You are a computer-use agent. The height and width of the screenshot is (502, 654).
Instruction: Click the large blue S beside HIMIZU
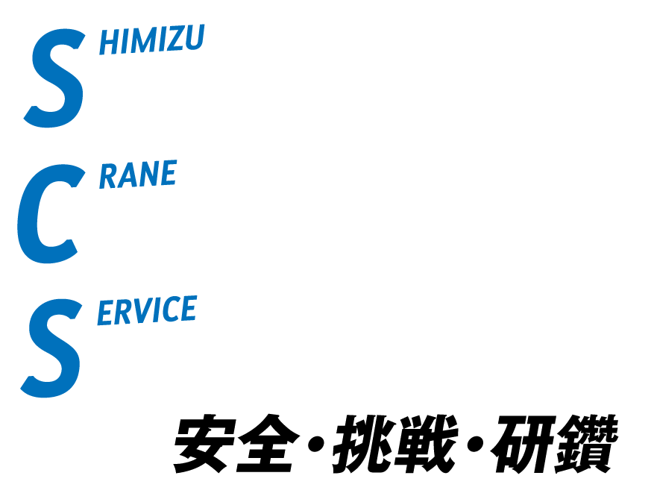point(54,78)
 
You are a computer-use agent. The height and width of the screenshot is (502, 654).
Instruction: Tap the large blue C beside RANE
point(48,214)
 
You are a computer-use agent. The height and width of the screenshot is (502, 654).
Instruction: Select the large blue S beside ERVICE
point(51,348)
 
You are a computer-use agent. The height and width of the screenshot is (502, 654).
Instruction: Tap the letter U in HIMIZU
point(194,37)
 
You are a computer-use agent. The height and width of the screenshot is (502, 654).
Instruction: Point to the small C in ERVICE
point(170,309)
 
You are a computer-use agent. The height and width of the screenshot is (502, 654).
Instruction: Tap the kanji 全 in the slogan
point(268,443)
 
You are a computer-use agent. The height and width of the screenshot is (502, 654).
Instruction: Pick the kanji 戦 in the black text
point(426,444)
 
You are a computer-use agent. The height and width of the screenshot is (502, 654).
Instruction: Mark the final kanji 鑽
point(586,444)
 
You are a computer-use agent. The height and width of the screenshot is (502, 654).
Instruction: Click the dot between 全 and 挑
point(315,445)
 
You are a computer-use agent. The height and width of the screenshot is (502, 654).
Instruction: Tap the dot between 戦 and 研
point(475,445)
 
